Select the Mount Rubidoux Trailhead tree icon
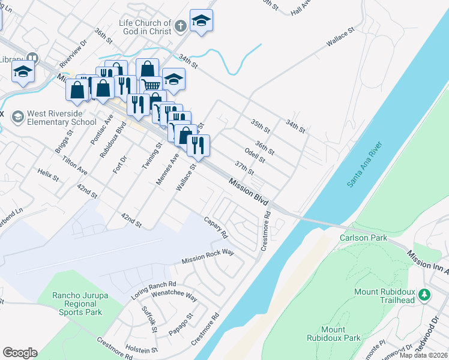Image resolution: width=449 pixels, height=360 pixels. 425,295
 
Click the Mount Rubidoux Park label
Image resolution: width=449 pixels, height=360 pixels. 340,334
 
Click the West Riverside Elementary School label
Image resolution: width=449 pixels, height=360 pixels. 62,118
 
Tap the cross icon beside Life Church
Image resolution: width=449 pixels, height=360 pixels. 181,26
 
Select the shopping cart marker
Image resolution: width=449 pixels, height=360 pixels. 151,85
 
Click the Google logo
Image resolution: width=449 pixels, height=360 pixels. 20,353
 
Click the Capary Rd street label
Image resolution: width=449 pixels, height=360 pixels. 216,227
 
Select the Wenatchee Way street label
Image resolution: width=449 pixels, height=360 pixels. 175,295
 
